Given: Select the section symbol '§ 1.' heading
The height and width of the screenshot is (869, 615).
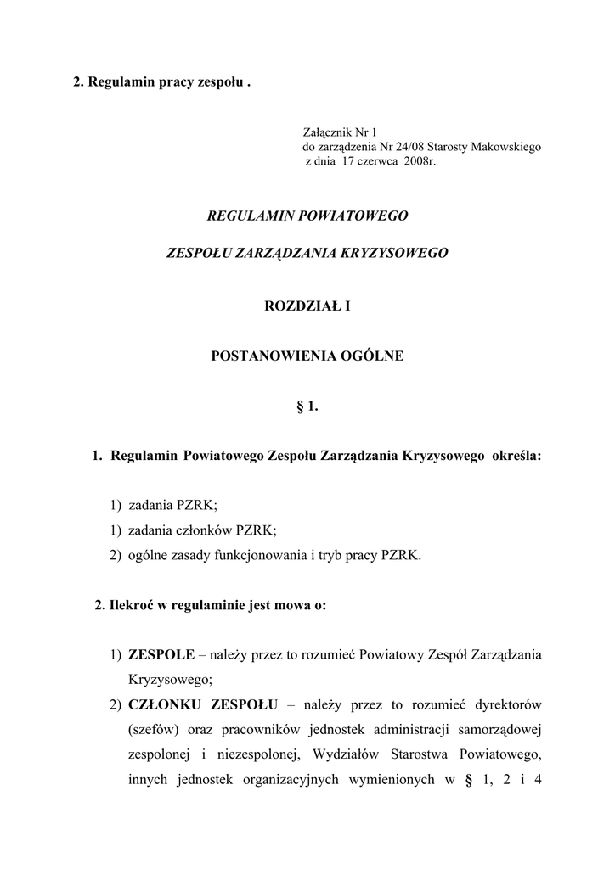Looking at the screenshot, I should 307,407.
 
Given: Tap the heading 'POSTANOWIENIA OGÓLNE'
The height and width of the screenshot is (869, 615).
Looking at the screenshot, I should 307,357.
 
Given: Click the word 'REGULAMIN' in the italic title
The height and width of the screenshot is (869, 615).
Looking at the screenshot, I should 250,216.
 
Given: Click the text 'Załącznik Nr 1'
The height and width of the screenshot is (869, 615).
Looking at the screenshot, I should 339,132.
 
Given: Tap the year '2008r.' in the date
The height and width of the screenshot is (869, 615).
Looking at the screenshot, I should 416,160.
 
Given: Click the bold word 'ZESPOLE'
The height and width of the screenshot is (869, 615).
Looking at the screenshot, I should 161,655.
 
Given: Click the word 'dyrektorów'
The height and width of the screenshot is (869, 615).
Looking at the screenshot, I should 507,704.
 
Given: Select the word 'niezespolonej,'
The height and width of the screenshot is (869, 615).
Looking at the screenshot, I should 260,754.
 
